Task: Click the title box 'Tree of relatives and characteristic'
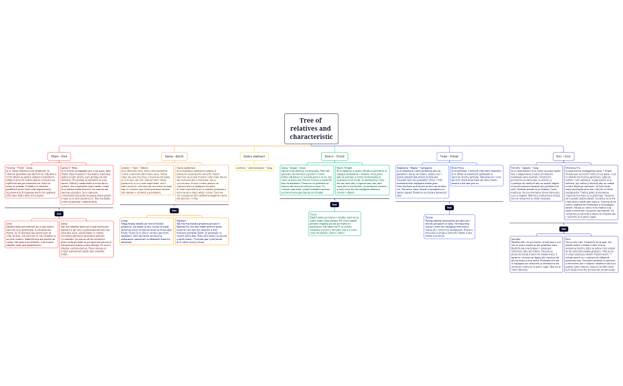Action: [x=311, y=129]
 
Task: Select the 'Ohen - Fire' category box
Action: [x=59, y=156]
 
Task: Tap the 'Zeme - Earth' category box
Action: [x=174, y=156]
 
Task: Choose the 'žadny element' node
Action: [x=254, y=156]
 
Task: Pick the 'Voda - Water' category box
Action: [x=449, y=156]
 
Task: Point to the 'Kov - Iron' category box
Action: [x=564, y=156]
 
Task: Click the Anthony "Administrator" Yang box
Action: [x=254, y=168]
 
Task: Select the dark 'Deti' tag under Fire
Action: [x=59, y=213]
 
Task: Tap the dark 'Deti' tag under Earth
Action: [x=174, y=210]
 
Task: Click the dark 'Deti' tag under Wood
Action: [x=335, y=204]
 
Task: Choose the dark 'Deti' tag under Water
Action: [x=449, y=207]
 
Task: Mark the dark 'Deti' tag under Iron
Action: [x=564, y=229]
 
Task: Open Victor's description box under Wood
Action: [x=335, y=223]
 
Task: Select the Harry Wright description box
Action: [x=362, y=180]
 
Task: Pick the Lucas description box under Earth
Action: [x=147, y=232]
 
